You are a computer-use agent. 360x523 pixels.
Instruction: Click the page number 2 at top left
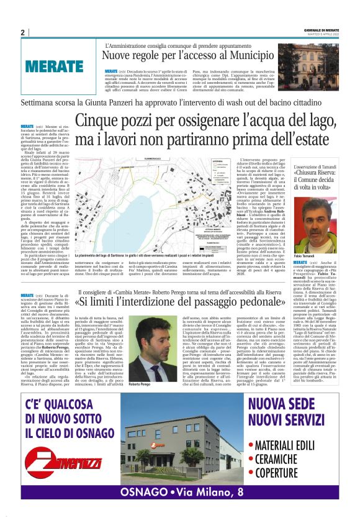(23, 32)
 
